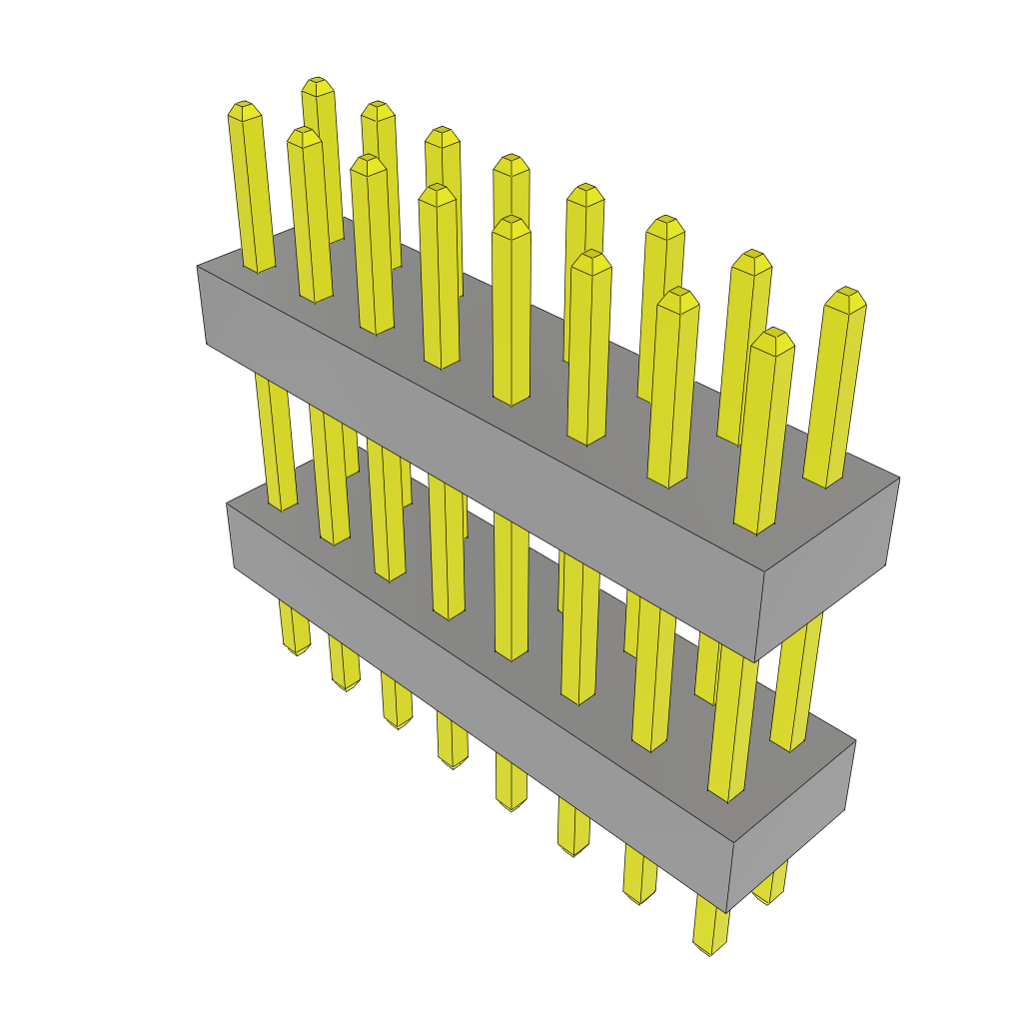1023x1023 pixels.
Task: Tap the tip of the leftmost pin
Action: pyautogui.click(x=244, y=108)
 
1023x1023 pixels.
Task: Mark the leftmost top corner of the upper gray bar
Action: pyautogui.click(x=197, y=267)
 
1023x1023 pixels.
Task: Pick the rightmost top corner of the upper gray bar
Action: pyautogui.click(x=899, y=478)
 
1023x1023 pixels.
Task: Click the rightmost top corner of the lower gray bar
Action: pyautogui.click(x=856, y=741)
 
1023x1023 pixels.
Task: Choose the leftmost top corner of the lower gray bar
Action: pyautogui.click(x=227, y=505)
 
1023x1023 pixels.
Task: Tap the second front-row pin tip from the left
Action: pyautogui.click(x=304, y=135)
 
